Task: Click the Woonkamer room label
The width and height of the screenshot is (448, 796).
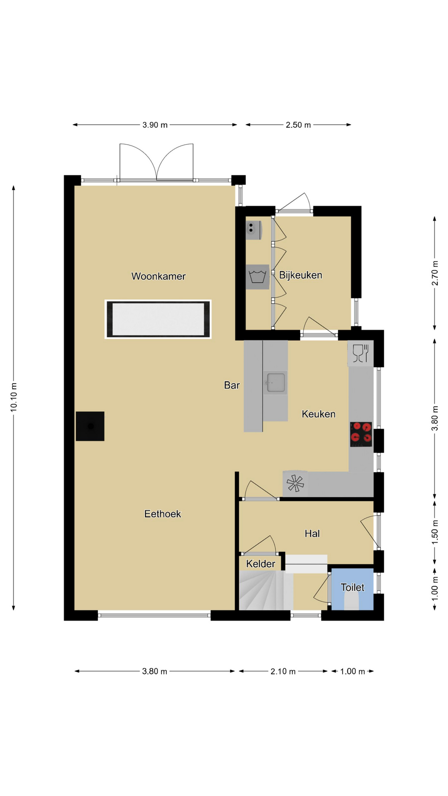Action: point(158,276)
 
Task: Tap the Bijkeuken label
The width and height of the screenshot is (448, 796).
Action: point(301,275)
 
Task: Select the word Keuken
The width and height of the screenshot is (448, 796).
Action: point(319,414)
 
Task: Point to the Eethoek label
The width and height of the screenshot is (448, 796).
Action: point(163,514)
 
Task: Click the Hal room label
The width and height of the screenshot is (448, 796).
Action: point(312,534)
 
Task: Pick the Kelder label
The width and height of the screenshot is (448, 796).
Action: point(261,564)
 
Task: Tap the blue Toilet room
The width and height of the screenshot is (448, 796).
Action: point(353,589)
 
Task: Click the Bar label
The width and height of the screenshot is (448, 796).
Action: point(232,385)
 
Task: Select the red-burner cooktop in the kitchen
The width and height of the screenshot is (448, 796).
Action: point(361,434)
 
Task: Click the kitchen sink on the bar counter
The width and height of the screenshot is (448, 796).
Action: point(276,382)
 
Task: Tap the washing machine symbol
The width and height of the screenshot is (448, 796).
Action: point(257,277)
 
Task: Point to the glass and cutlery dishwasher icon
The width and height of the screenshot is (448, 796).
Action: point(360,354)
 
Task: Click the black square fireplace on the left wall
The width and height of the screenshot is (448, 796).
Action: point(90,426)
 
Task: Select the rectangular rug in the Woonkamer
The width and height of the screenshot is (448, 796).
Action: point(158,319)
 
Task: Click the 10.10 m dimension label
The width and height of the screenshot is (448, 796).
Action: point(14,398)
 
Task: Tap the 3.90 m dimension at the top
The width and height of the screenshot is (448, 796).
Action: point(155,125)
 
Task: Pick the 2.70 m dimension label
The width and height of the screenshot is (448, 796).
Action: point(435,273)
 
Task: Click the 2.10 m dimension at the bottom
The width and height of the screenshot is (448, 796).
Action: point(283,671)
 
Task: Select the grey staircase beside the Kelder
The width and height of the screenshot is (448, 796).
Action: point(266,590)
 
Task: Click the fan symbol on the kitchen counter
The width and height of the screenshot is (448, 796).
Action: point(295,483)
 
